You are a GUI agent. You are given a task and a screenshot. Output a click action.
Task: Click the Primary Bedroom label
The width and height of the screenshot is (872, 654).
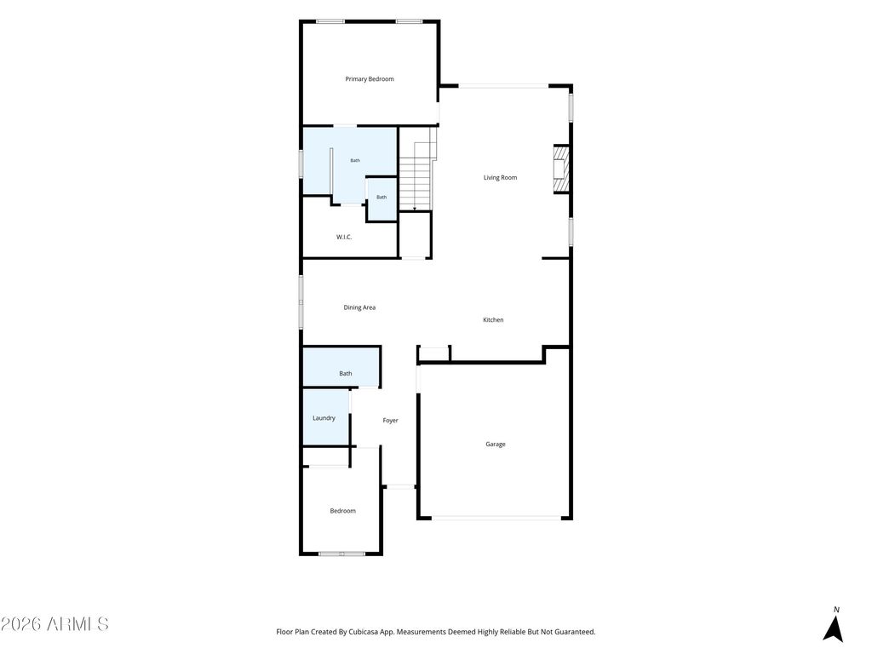[x=370, y=79]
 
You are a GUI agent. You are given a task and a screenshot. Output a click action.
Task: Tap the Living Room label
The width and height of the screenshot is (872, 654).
[x=500, y=177]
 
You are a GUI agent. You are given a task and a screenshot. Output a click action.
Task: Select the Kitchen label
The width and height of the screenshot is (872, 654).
[x=493, y=320]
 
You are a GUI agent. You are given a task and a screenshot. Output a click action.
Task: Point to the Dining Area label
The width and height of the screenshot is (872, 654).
[x=359, y=307]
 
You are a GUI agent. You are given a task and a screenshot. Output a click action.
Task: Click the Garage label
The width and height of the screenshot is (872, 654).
[x=496, y=444]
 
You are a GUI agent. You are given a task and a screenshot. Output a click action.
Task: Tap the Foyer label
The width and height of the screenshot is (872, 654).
[x=390, y=421]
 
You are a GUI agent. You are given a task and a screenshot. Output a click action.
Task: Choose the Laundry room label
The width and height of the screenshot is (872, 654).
[x=324, y=418]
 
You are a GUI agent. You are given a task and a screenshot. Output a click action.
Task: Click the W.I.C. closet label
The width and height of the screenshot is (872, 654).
[x=344, y=237]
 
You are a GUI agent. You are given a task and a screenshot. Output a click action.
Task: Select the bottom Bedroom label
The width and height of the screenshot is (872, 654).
[x=342, y=511]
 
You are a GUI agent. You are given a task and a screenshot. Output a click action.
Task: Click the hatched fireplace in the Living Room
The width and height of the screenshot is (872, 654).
[x=561, y=169]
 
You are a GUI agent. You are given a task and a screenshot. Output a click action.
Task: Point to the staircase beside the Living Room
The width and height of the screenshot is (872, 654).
[x=418, y=169]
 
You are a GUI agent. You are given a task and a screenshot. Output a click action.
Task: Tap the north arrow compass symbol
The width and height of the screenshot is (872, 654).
[x=833, y=628]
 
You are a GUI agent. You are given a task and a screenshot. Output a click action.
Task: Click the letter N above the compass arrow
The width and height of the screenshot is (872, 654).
[x=836, y=610]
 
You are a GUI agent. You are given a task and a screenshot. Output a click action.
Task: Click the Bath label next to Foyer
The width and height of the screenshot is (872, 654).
[x=346, y=374]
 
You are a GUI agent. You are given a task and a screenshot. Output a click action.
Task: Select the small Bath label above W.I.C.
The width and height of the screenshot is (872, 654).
[x=381, y=198]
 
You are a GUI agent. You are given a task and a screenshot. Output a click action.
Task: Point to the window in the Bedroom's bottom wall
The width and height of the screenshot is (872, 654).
[x=341, y=554]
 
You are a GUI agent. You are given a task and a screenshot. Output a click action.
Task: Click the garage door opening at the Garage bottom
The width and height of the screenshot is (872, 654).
[x=496, y=518]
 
